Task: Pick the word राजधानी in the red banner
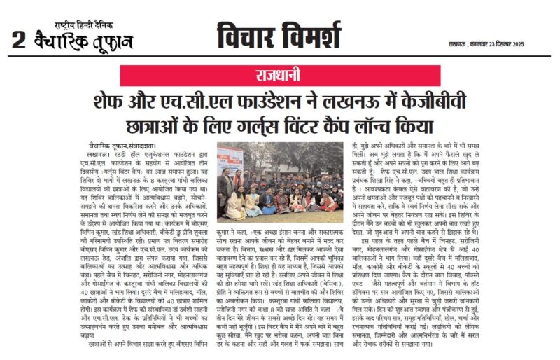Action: [280, 76]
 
